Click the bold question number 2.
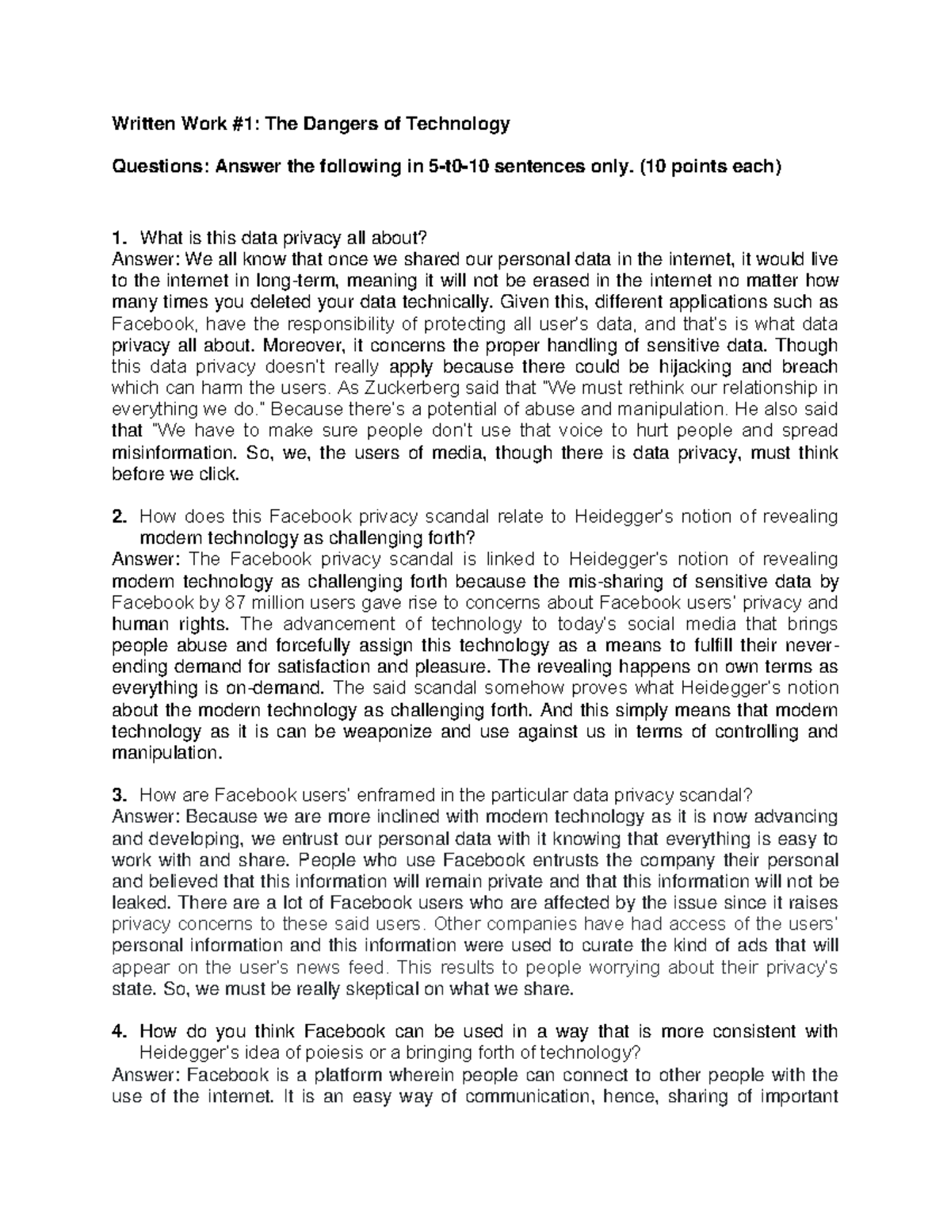(119, 517)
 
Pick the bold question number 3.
(119, 795)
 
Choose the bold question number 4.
(119, 1031)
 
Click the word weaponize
(392, 732)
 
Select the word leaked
(141, 903)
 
